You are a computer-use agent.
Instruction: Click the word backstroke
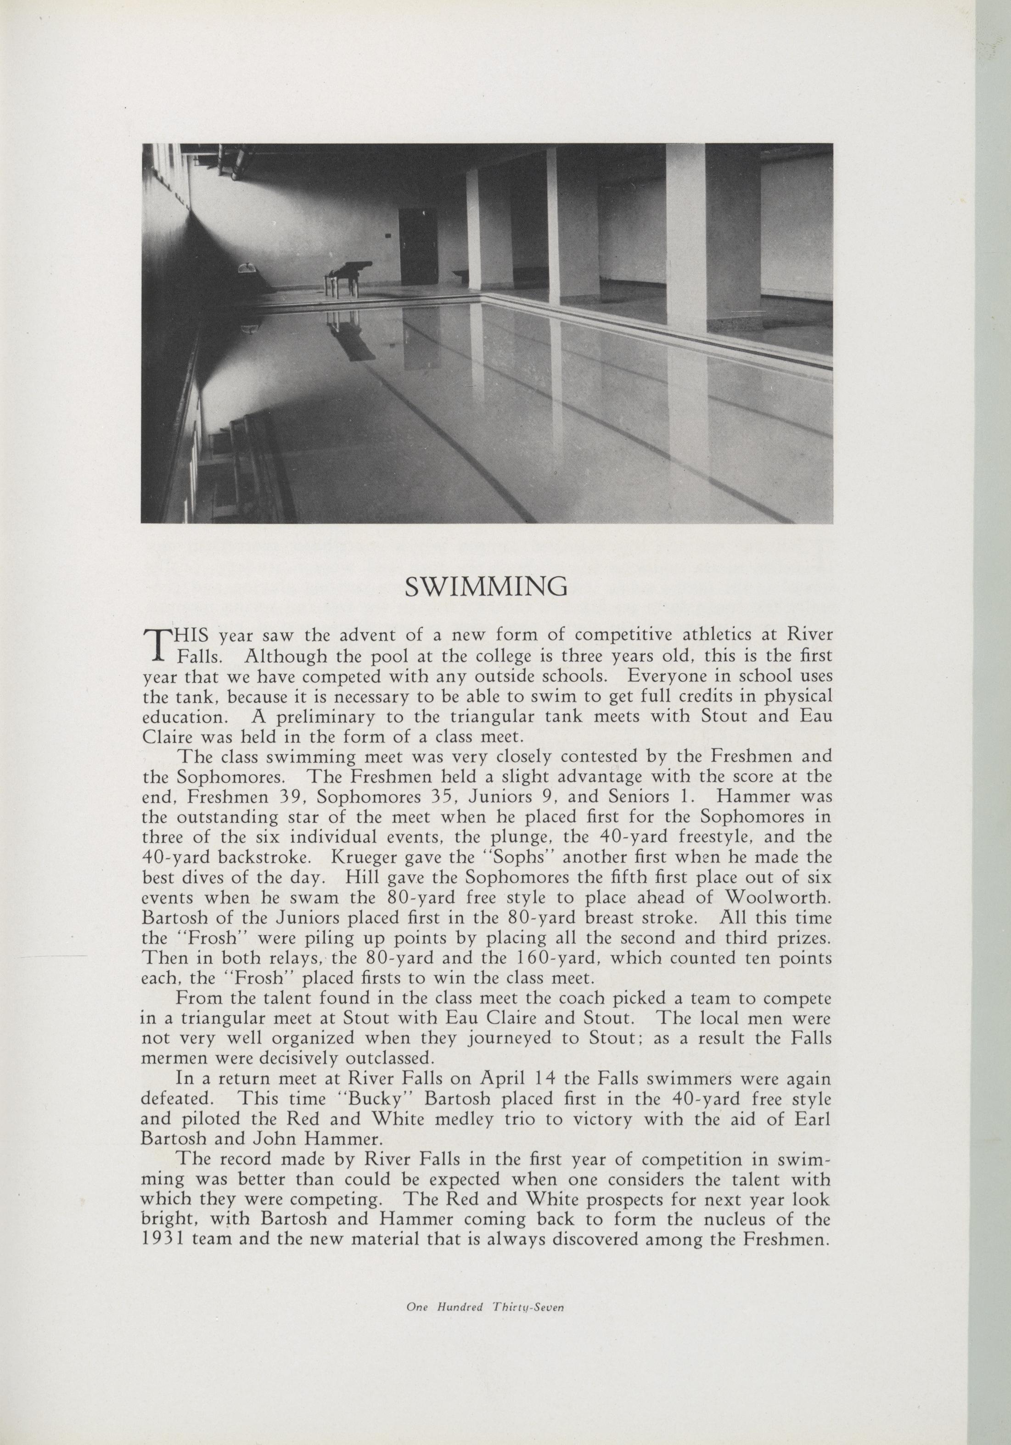tap(258, 856)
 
